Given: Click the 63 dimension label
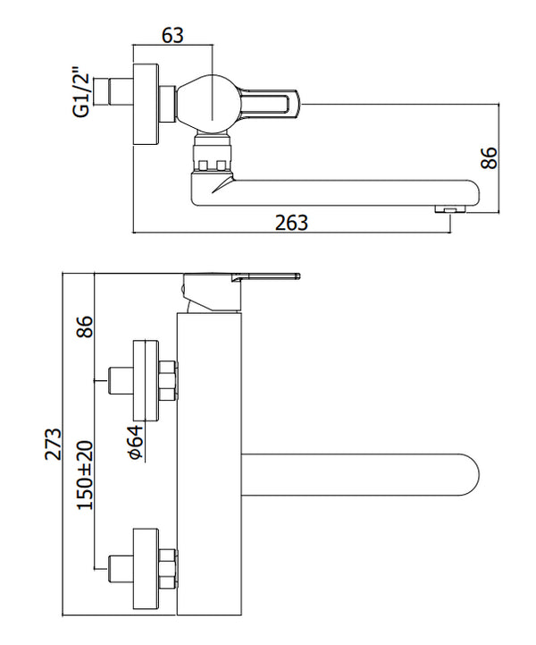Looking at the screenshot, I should click(x=173, y=35).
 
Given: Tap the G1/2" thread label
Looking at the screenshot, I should click(x=82, y=91).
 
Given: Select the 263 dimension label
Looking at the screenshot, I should click(x=290, y=223).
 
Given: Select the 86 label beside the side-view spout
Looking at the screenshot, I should click(x=489, y=158).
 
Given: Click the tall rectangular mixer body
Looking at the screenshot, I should click(x=210, y=465).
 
